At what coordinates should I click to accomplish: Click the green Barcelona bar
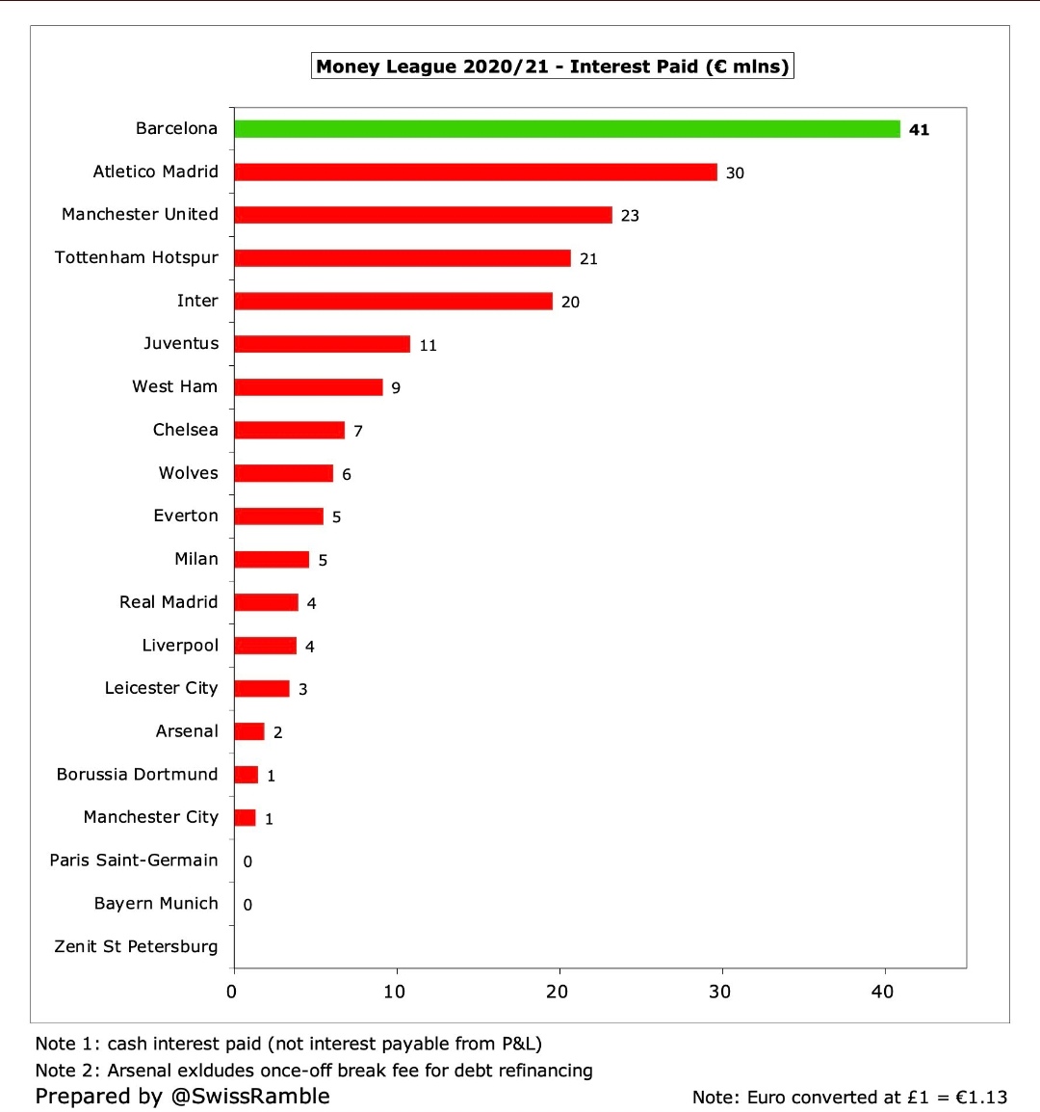click(x=566, y=129)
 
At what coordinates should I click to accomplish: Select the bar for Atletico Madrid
click(x=476, y=172)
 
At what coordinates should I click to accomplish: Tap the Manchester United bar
click(x=423, y=215)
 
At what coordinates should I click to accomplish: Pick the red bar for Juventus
click(x=322, y=344)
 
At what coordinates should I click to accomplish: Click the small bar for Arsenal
click(x=249, y=731)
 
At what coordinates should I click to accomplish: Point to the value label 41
click(x=919, y=130)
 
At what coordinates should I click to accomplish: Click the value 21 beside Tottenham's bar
click(x=588, y=259)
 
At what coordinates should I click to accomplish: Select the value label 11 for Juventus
click(x=428, y=345)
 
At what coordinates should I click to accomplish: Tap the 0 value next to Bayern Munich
click(x=247, y=905)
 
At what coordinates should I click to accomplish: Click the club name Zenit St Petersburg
click(x=136, y=946)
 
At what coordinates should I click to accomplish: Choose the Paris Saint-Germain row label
click(x=134, y=860)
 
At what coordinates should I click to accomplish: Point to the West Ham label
click(x=175, y=386)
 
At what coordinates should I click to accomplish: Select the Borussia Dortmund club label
click(x=137, y=775)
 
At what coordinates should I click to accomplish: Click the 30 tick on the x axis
click(x=720, y=992)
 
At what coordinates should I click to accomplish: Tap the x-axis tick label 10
click(x=395, y=992)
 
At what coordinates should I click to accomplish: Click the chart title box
click(x=553, y=66)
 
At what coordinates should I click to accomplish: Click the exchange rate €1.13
click(x=981, y=1098)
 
